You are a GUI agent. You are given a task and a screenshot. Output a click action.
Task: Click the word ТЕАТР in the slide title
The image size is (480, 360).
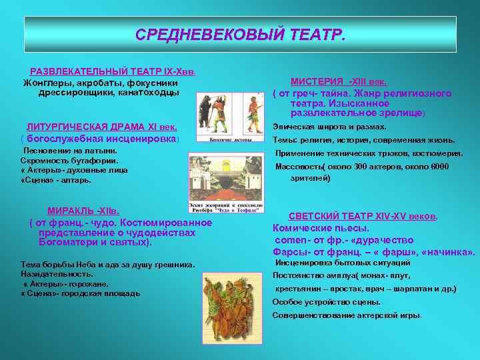pos(315,34)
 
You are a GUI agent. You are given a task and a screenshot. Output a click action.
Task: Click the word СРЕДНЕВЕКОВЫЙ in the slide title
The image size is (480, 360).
pos(210,34)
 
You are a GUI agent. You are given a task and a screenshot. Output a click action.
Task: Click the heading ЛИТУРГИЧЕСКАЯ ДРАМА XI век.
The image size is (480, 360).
pos(101,127)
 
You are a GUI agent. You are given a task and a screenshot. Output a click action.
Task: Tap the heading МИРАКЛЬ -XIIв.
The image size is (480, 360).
pos(83,211)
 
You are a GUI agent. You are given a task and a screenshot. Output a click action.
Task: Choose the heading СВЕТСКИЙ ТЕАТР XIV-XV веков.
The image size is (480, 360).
pos(363,217)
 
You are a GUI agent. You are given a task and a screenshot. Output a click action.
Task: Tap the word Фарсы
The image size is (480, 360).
pos(288,251)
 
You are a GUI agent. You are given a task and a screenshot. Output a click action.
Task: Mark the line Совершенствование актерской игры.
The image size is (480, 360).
pos(347,315)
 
